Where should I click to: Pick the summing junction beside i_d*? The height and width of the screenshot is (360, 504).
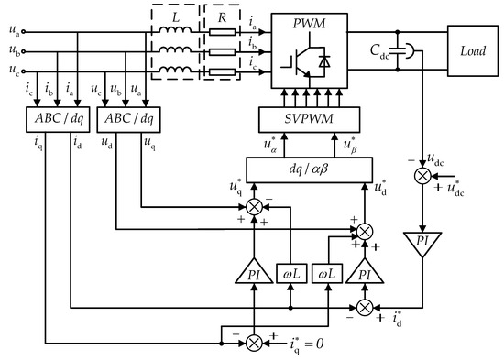[x=365, y=304]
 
